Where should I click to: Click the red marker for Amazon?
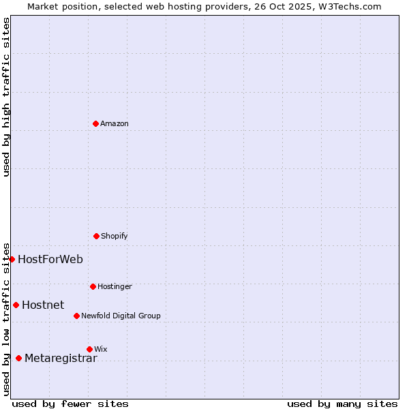pos(96,123)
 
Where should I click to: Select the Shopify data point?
pos(96,236)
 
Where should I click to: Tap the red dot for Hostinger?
pos(93,286)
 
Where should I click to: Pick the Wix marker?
pos(89,349)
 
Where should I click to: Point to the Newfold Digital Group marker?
pos(76,316)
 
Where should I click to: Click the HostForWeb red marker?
pos(12,259)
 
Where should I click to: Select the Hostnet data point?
pos(16,305)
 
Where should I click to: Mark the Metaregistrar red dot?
pos(18,358)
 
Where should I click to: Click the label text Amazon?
pos(115,123)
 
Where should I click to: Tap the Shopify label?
pos(115,236)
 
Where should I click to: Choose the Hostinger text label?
pos(115,286)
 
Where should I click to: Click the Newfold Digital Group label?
pos(121,316)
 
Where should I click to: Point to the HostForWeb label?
pos(50,259)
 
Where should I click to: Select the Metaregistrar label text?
pos(61,359)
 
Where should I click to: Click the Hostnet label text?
pos(43,305)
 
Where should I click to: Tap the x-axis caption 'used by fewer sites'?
pos(70,404)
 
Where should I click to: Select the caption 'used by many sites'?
pos(342,404)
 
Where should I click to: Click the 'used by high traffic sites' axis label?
pos(6,97)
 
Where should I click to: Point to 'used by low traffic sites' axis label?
pos(6,319)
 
